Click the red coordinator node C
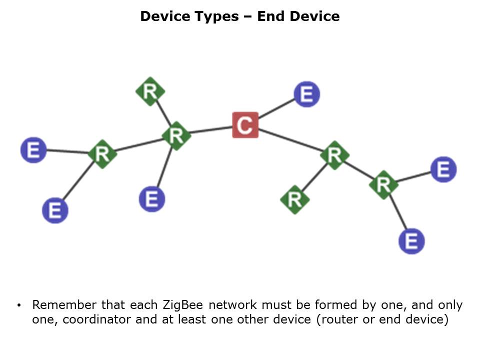(245, 125)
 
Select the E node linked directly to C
(306, 94)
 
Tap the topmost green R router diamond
(150, 91)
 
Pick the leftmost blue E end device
(33, 150)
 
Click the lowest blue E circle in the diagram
(411, 241)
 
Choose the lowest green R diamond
(294, 199)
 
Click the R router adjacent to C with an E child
(176, 135)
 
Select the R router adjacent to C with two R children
(334, 155)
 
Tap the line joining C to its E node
(276, 109)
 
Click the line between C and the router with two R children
(290, 140)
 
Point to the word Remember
(63, 305)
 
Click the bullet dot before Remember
(19, 305)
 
